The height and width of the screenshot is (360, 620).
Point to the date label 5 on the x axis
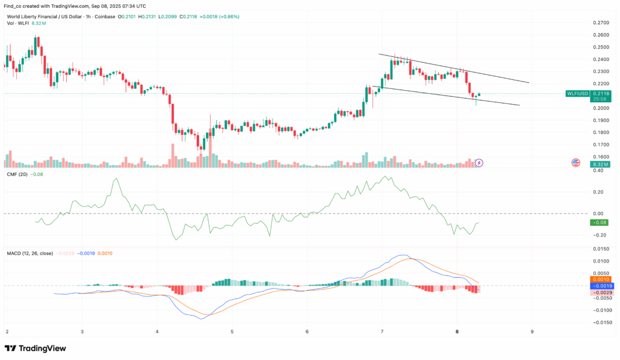[232, 332]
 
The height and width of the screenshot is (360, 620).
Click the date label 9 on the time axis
[532, 332]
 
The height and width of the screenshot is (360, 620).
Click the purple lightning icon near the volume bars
[480, 163]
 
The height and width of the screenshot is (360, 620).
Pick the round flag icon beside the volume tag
[576, 162]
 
